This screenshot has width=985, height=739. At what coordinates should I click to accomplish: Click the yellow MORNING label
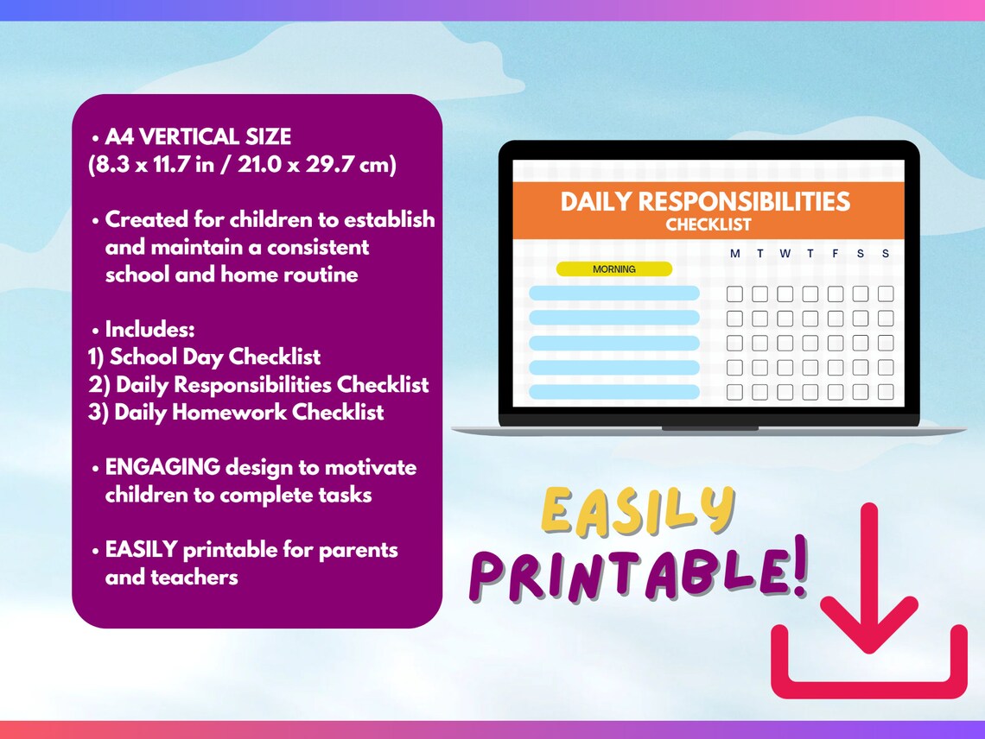[x=613, y=269]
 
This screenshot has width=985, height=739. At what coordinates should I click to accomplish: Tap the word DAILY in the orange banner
[x=595, y=202]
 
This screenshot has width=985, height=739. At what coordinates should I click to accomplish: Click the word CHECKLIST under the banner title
[x=709, y=225]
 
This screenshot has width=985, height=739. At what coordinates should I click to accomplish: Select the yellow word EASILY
[x=637, y=512]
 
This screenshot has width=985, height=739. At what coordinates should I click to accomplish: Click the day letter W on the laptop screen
[x=785, y=254]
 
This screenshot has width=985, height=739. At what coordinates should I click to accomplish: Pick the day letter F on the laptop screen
[x=836, y=254]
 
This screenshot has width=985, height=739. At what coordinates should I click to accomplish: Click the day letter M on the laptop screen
[x=734, y=254]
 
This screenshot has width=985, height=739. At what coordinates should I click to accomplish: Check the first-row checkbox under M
[x=734, y=294]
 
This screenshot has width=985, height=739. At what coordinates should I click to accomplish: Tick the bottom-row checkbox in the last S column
[x=886, y=392]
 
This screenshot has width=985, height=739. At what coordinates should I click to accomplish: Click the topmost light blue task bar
[x=613, y=294]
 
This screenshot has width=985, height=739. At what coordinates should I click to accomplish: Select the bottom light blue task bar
[x=613, y=392]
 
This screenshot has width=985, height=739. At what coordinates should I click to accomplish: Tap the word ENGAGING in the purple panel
[x=162, y=467]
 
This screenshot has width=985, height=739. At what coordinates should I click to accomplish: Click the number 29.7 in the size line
[x=324, y=164]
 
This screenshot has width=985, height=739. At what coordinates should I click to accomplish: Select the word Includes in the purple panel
[x=149, y=329]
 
